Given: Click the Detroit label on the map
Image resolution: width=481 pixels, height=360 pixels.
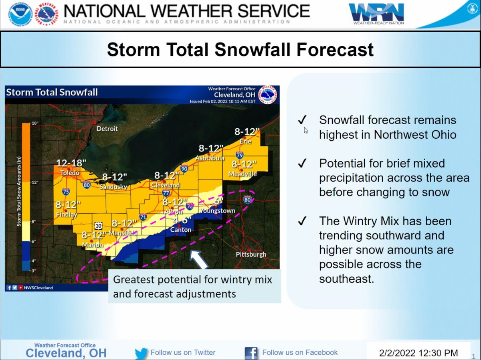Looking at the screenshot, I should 107,129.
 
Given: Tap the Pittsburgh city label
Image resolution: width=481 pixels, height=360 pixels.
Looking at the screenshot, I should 251,255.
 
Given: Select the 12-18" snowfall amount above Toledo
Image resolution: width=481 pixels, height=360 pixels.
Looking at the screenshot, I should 71,163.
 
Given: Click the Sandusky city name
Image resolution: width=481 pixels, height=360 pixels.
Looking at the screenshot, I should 114,186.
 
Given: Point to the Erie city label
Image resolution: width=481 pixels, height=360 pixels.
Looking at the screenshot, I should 245,142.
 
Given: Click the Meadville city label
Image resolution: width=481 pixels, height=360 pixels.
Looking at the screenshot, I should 243,174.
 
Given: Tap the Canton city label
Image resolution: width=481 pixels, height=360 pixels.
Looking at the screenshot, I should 181,230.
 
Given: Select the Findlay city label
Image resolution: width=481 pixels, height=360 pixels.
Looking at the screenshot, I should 67,214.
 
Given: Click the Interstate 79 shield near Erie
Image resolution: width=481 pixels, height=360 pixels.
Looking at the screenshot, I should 240,155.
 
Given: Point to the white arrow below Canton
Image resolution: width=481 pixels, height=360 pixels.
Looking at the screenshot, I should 199,259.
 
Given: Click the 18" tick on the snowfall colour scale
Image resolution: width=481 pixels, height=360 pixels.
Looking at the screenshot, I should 34,123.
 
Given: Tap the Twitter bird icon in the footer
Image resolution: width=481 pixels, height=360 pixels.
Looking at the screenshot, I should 141,353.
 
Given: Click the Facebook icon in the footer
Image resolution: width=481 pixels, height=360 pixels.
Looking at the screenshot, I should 251,353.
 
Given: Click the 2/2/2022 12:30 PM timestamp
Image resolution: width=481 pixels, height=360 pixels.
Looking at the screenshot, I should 418,353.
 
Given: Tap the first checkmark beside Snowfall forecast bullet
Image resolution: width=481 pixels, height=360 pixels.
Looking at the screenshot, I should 302,120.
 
